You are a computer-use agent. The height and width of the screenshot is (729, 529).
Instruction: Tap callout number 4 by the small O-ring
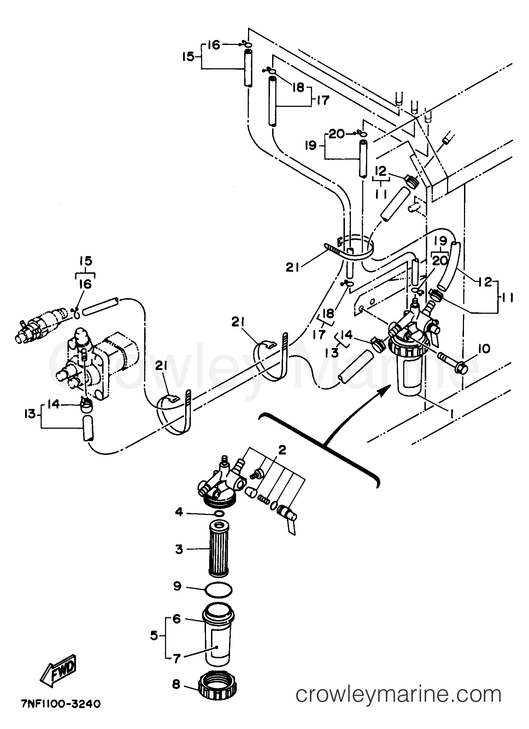pos(179,512)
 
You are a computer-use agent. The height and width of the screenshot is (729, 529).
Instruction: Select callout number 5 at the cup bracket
pos(154,636)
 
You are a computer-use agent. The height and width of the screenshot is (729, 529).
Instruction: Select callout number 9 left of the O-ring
pos(177,586)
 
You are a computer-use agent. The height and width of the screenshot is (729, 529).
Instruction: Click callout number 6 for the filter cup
pos(177,619)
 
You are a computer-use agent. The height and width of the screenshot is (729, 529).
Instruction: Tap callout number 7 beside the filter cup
pos(177,658)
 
